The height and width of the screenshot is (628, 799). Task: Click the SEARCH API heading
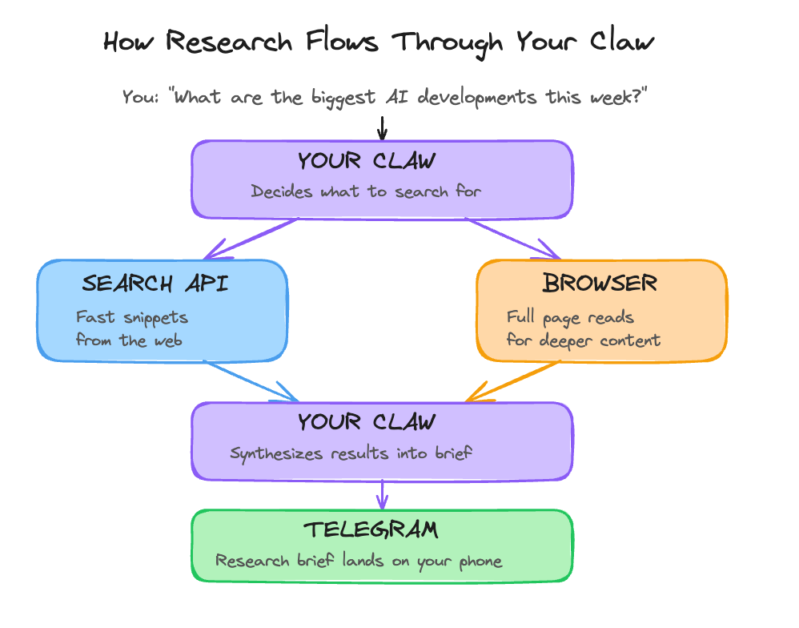point(155,284)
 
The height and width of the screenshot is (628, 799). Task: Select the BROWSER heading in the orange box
point(600,283)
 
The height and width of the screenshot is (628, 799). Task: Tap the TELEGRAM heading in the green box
point(371,529)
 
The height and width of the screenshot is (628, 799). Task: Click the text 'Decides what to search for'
point(366,191)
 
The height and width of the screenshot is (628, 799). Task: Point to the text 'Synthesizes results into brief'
point(351,453)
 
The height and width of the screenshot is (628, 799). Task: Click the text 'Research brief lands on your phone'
point(359,561)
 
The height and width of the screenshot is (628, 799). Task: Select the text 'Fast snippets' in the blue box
point(132,317)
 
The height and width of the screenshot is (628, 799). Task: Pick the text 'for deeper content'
point(584,340)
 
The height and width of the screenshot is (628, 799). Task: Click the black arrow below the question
point(382,128)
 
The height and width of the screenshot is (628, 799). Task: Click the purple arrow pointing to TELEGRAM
point(382,493)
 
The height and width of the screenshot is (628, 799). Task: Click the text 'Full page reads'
point(569,317)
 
